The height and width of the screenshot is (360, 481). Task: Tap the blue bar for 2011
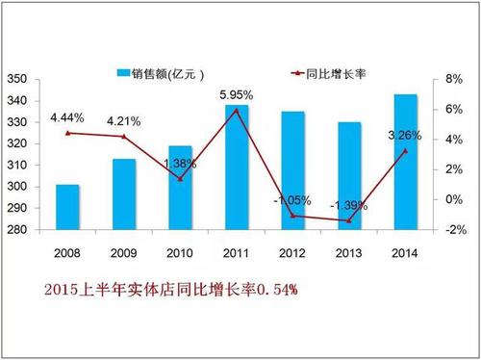click(236, 167)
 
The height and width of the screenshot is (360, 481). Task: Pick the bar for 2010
click(180, 188)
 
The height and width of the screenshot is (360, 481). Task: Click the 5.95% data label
click(236, 94)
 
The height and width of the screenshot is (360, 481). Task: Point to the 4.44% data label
click(68, 119)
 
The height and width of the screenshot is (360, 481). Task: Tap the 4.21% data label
click(124, 122)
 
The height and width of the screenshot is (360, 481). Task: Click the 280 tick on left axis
click(16, 230)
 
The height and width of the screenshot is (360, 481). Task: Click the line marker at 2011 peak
click(236, 110)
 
